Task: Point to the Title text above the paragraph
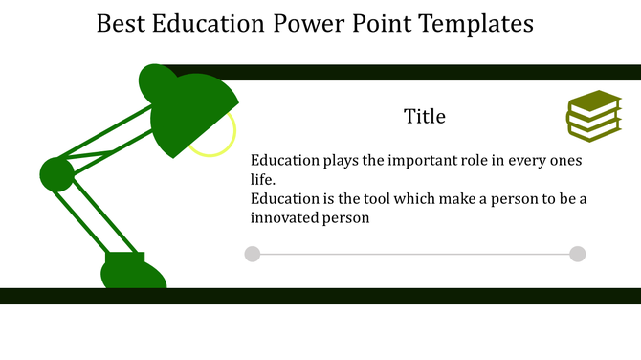(x=424, y=117)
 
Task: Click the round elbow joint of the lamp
(x=56, y=174)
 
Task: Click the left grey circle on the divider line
(x=253, y=254)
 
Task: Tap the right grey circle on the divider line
(x=577, y=254)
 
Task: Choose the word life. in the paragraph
(x=263, y=179)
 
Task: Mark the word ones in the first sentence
(x=564, y=161)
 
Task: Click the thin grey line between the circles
(x=414, y=254)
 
